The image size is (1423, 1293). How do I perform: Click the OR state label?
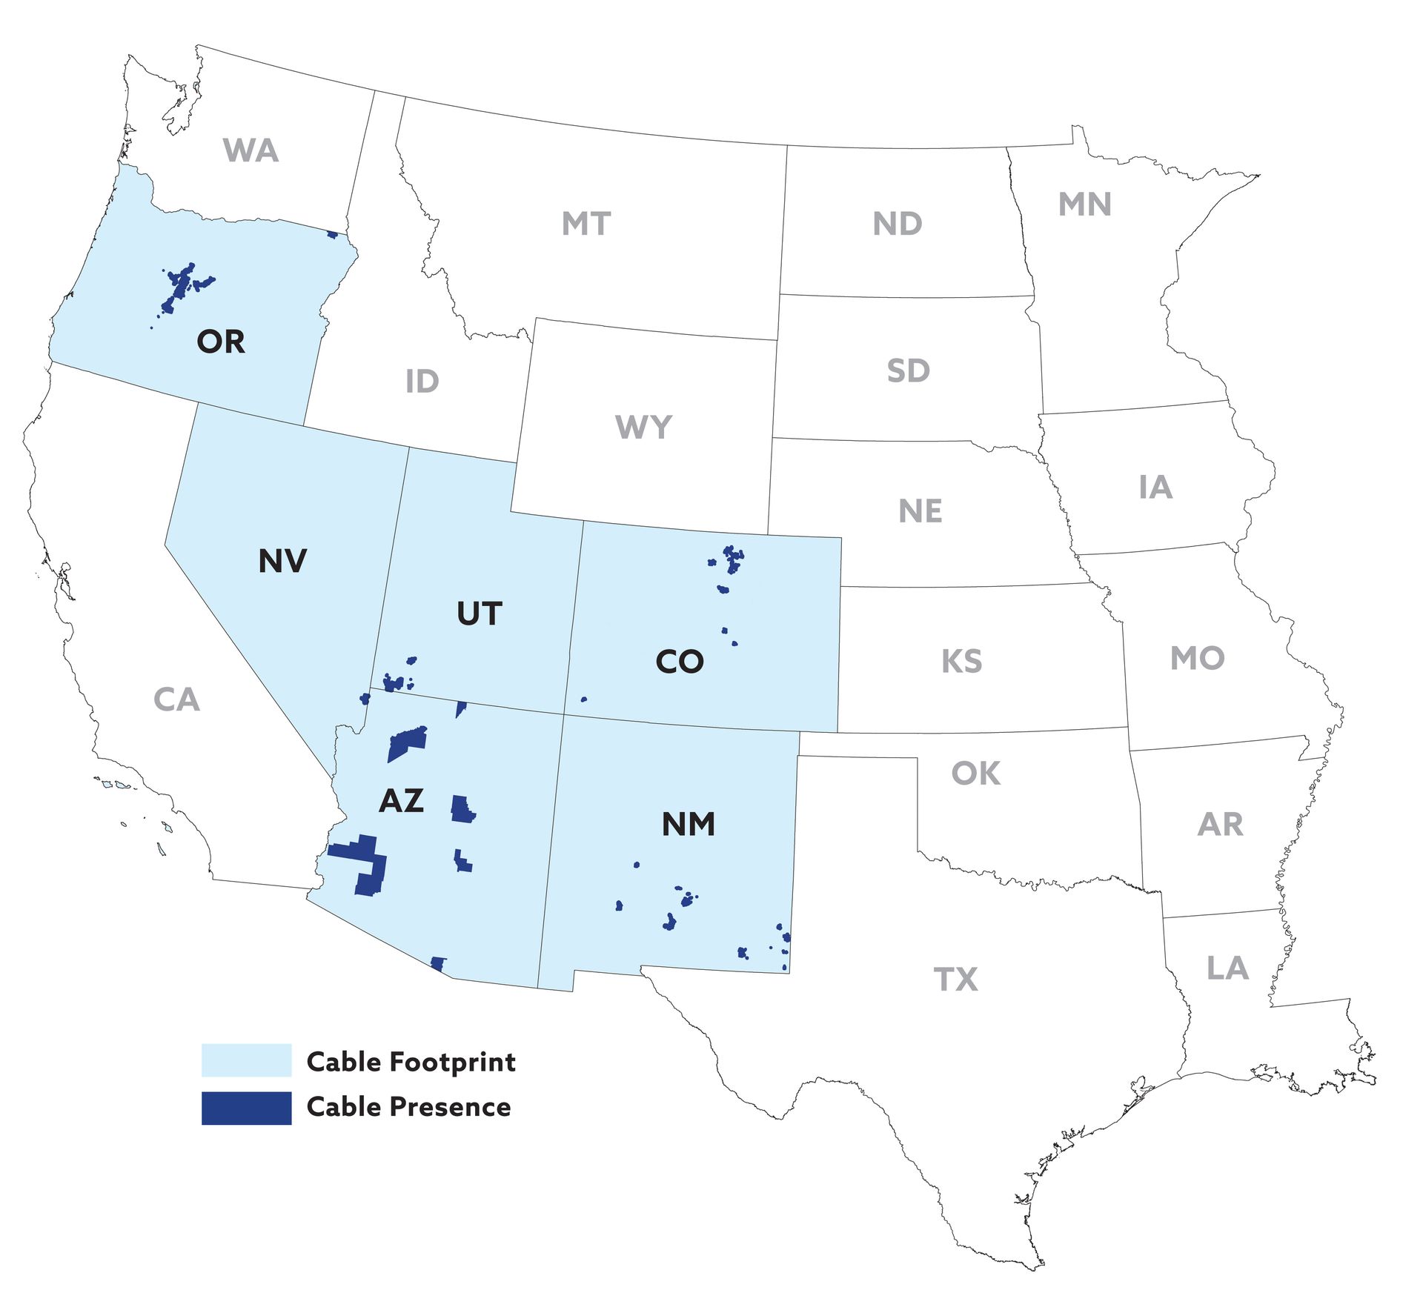(221, 342)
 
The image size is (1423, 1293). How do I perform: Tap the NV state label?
(282, 561)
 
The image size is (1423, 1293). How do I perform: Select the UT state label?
(480, 614)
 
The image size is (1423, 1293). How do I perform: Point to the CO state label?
(679, 662)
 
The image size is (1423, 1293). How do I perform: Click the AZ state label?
(401, 801)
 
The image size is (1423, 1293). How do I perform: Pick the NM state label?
(688, 825)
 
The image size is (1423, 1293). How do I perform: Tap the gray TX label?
(956, 980)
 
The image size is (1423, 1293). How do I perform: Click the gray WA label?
(251, 150)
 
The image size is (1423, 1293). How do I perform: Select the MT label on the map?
(586, 224)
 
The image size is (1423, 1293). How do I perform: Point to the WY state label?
(643, 427)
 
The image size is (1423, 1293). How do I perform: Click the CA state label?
(176, 699)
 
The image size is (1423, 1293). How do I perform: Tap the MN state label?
(1084, 205)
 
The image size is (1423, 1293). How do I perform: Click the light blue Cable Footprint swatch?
(246, 1060)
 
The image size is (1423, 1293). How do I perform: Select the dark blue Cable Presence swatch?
(246, 1108)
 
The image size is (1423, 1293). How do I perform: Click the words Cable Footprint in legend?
(411, 1062)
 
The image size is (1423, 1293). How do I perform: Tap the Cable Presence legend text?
(408, 1107)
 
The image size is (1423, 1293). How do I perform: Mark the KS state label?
(961, 662)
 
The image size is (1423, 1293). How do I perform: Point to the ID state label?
(422, 382)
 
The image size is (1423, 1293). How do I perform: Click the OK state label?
(975, 774)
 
